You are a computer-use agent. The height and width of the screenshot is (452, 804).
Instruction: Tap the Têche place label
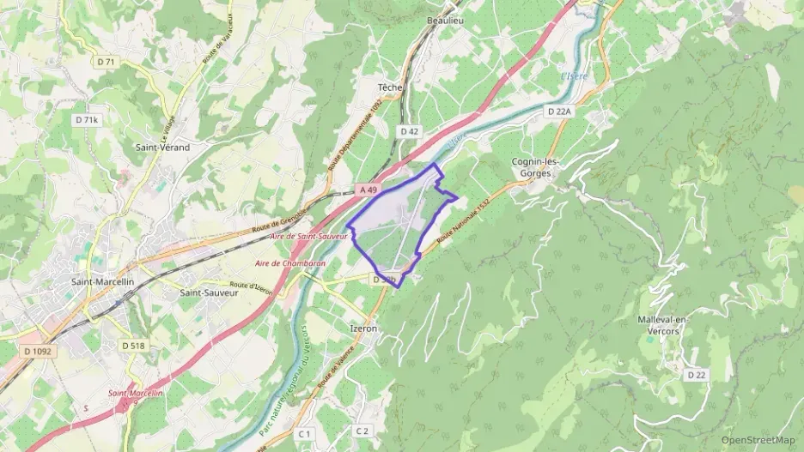[x=391, y=87]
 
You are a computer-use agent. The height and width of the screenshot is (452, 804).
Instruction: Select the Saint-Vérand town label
[x=162, y=147]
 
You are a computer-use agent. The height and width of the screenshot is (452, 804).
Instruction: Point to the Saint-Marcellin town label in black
[x=103, y=281]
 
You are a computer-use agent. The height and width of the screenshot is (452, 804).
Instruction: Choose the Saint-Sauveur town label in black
[x=208, y=292]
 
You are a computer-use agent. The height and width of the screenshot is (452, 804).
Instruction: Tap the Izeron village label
[x=365, y=328]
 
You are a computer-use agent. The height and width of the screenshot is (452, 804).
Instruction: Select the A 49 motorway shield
[x=368, y=190]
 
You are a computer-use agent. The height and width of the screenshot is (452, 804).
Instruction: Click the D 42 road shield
[x=409, y=131]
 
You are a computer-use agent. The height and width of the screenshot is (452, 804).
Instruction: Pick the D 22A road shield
[x=559, y=111]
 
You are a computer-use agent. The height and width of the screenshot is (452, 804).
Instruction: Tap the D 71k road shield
[x=87, y=121]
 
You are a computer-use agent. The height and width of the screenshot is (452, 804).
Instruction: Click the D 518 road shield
[x=133, y=345]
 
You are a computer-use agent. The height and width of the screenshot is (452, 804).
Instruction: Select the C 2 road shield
[x=362, y=431]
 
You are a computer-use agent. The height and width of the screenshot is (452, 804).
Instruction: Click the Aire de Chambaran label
[x=290, y=263]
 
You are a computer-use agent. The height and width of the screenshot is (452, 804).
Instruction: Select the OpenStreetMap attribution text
[x=758, y=440]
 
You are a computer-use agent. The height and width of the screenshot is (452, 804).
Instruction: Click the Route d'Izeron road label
[x=251, y=286]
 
